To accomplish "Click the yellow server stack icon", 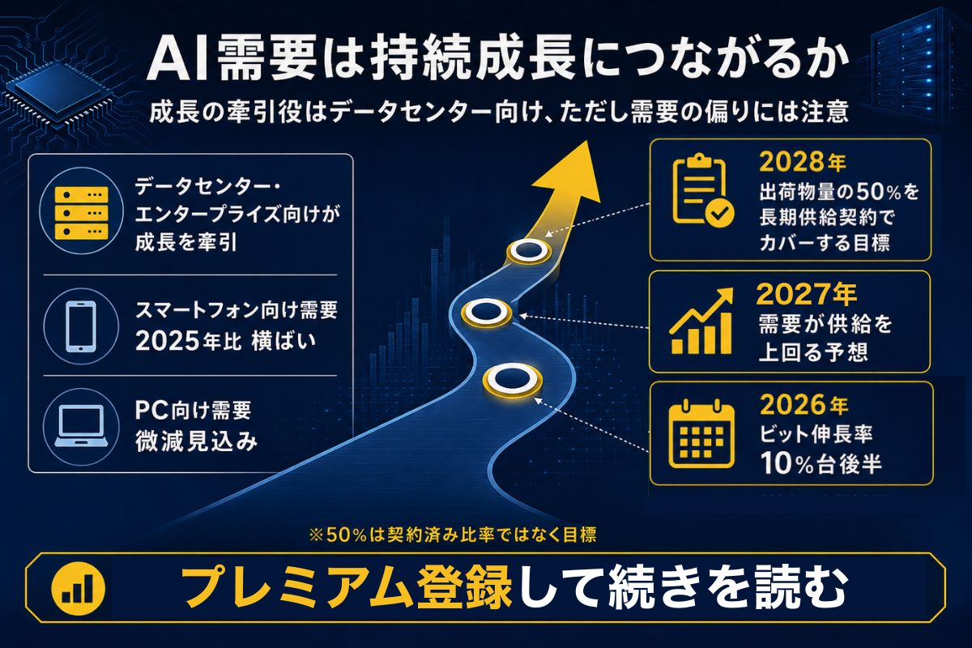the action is [81, 213].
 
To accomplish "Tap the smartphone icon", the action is [81, 326].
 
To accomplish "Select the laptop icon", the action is [81, 426].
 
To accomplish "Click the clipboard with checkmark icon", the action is [703, 190].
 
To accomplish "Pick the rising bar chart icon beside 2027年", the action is [701, 322].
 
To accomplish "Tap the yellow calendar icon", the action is [701, 433].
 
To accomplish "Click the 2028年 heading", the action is [803, 162].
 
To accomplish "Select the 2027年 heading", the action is [806, 294].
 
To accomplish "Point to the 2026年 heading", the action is [804, 404].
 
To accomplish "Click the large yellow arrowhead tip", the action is [586, 141].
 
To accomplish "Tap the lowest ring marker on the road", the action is [513, 381].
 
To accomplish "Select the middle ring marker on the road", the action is [486, 312].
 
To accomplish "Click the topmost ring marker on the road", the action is [529, 250].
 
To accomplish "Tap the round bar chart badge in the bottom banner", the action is [79, 588].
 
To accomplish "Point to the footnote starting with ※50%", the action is [453, 535].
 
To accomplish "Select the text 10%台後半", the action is [821, 463].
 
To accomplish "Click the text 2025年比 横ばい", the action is [226, 342].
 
